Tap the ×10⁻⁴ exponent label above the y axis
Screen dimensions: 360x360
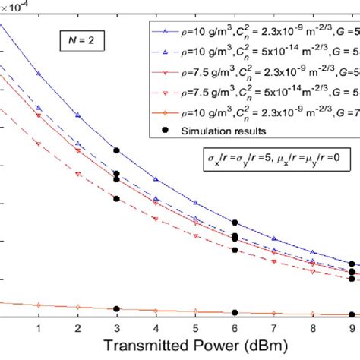pyautogui.click(x=17, y=8)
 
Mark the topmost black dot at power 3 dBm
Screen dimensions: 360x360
pyautogui.click(x=116, y=150)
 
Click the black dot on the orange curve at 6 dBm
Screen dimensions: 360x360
pyautogui.click(x=235, y=312)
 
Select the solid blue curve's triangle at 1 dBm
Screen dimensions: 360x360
pyautogui.click(x=38, y=74)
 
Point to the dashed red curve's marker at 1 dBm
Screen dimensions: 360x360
pyautogui.click(x=38, y=142)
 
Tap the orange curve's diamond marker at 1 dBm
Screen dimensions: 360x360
pyautogui.click(x=38, y=305)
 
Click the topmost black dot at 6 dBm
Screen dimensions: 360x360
pyautogui.click(x=235, y=223)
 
